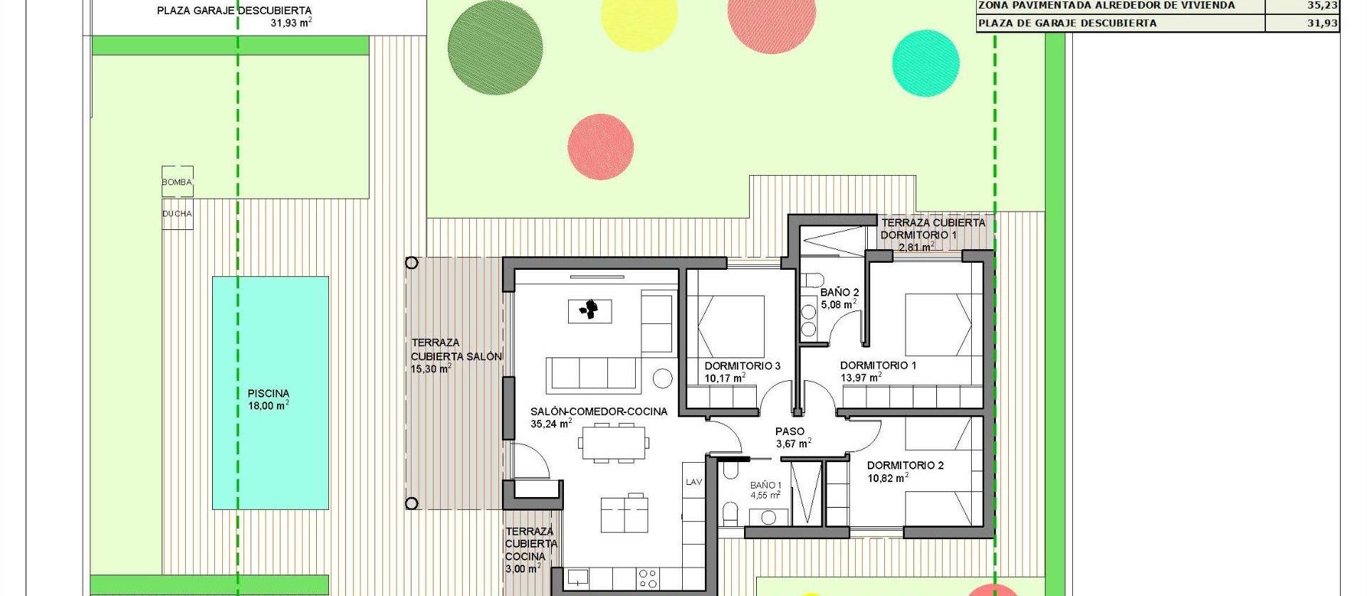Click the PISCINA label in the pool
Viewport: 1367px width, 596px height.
coord(268,393)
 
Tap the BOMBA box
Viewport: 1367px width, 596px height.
coord(177,182)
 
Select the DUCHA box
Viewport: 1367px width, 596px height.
coord(177,214)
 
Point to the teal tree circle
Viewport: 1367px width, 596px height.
coord(926,63)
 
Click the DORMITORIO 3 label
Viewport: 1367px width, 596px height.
coord(743,366)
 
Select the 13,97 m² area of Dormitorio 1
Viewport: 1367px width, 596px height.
coord(861,378)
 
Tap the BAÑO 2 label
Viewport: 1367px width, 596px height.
coord(839,292)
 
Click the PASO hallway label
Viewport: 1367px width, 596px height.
coord(790,432)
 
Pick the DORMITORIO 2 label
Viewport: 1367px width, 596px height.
coord(905,466)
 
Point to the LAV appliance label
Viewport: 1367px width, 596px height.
coord(693,482)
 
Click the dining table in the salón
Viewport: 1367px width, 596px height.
coord(613,443)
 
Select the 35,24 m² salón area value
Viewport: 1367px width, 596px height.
coord(550,424)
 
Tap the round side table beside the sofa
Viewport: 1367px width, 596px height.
coord(663,377)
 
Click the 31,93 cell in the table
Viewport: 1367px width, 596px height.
coord(1322,23)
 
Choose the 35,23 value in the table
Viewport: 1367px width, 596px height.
coord(1322,5)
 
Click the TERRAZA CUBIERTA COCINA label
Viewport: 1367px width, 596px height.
coord(530,544)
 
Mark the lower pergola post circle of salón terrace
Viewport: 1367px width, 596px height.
coord(412,503)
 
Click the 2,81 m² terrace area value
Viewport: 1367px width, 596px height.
coord(915,247)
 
